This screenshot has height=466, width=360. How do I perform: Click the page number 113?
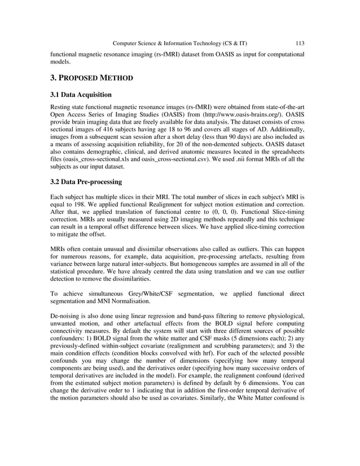tap(300, 43)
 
